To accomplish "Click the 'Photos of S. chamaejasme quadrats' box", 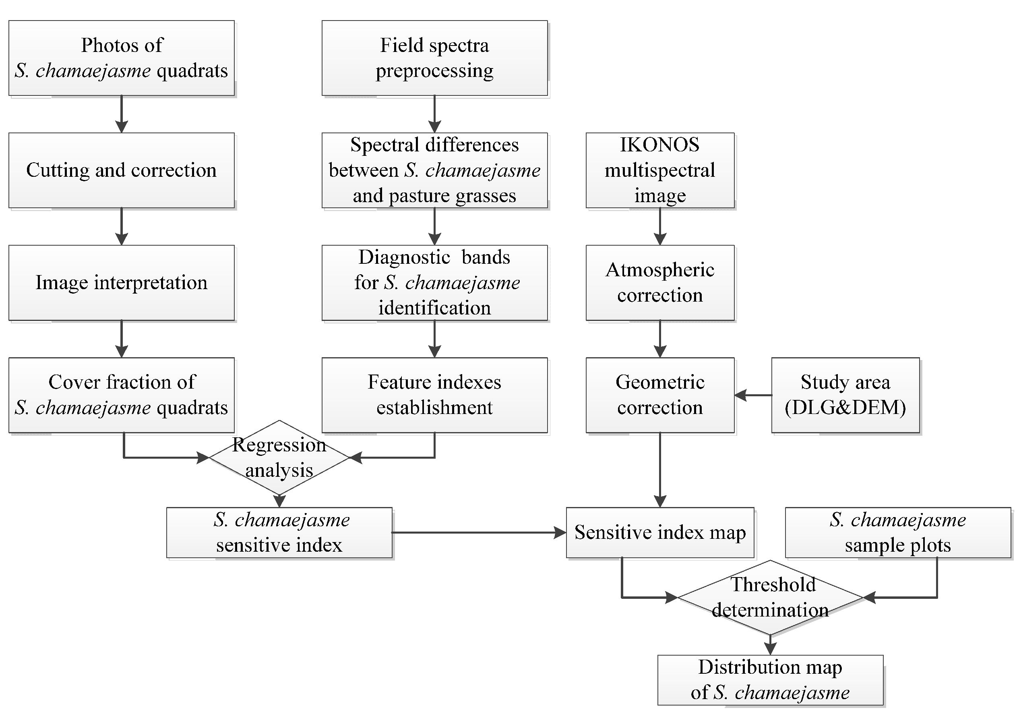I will [121, 58].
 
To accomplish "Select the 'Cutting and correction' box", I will [121, 170].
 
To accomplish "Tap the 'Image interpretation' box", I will [121, 282].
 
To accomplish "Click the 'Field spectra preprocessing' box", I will [434, 58].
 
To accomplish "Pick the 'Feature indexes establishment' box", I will [434, 395].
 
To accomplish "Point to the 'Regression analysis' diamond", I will [279, 457].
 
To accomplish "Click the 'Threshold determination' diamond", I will [770, 597].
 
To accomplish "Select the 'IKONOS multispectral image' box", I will [659, 170].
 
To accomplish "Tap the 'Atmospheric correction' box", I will [659, 282].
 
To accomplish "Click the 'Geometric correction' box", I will [659, 395].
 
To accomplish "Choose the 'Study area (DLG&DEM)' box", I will [845, 395].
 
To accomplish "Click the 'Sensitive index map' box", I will [659, 532].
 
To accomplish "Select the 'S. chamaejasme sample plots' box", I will [897, 532].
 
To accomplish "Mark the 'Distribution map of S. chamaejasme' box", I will [770, 680].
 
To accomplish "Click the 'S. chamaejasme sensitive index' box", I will [279, 532].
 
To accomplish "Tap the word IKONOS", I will [659, 145].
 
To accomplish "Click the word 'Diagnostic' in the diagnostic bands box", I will [404, 257].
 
